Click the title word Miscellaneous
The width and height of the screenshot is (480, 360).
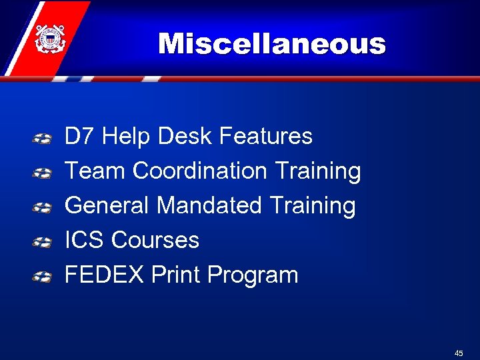(x=272, y=45)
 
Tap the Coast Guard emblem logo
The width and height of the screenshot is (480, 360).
(x=49, y=38)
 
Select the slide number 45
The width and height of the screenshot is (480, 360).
(x=459, y=353)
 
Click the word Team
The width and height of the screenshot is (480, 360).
(x=95, y=171)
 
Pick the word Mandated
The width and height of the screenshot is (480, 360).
(x=209, y=205)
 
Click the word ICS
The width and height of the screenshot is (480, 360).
(x=85, y=240)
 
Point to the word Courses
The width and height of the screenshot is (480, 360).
(x=155, y=240)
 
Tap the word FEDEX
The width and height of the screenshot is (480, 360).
(x=104, y=275)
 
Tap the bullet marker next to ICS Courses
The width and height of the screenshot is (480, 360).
(x=43, y=242)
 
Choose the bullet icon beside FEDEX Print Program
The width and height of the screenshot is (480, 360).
(x=43, y=277)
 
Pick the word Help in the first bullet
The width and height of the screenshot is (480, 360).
(x=127, y=137)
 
